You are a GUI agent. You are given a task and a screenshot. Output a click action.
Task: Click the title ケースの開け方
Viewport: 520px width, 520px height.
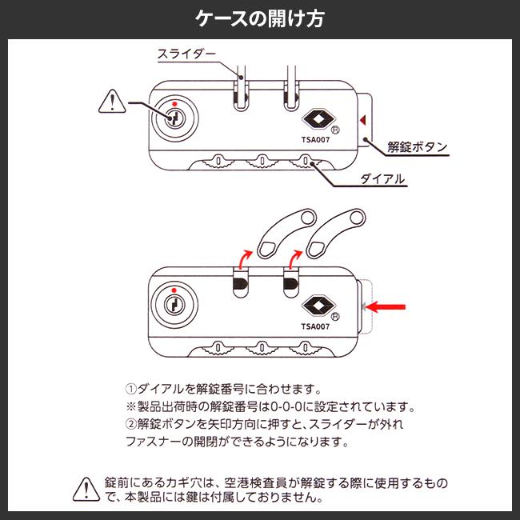[x=260, y=18]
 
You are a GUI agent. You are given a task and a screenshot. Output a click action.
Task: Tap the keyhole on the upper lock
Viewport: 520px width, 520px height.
[x=174, y=118]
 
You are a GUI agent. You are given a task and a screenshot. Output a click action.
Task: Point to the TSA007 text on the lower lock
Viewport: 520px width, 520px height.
[x=316, y=326]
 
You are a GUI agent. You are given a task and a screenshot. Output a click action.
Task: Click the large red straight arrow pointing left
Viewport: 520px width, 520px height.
[x=388, y=306]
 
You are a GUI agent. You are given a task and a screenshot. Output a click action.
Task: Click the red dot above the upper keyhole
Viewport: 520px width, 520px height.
[x=173, y=103]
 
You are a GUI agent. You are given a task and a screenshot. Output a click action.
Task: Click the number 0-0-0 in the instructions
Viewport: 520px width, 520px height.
[x=283, y=407]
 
